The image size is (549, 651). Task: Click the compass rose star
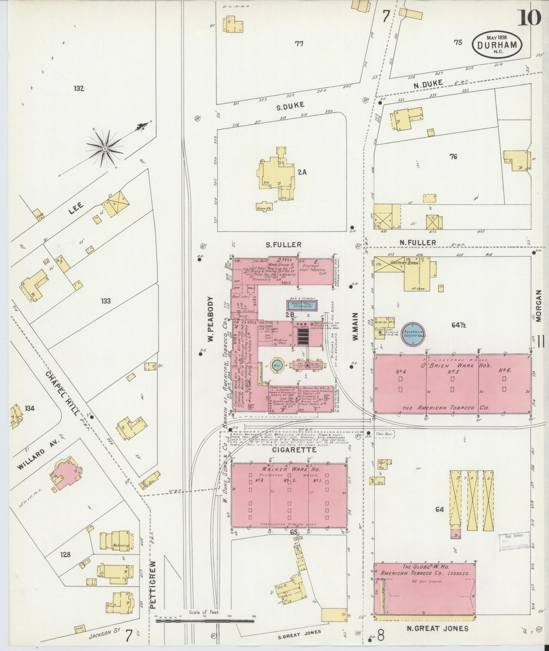pyautogui.click(x=105, y=149)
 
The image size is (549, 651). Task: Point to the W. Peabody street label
pyautogui.click(x=210, y=319)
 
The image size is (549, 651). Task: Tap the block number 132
pyautogui.click(x=78, y=89)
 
